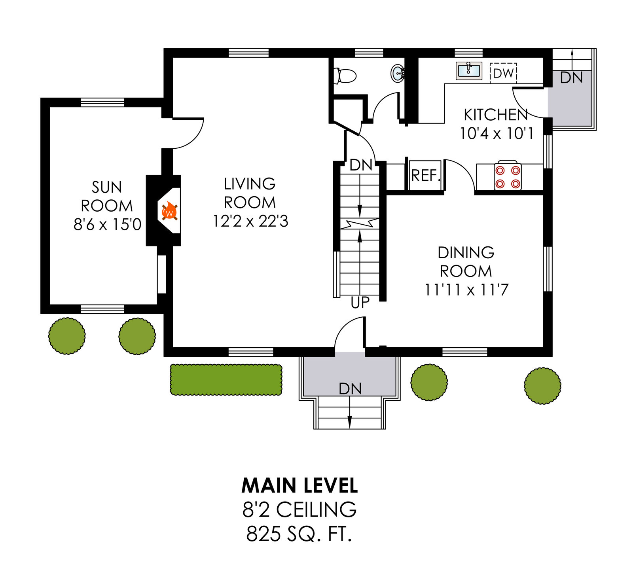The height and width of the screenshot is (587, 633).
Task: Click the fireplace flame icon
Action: [x=169, y=211]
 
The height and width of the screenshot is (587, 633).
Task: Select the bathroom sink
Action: [x=398, y=73]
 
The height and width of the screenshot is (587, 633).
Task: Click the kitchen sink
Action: [x=469, y=71]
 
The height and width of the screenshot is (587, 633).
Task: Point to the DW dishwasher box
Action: [x=503, y=73]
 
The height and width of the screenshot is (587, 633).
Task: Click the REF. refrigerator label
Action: [x=426, y=176]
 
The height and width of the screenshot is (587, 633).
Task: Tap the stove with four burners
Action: [x=508, y=177]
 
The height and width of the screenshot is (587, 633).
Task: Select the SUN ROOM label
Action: [x=107, y=196]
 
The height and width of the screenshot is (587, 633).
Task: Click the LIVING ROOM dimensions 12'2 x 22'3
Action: [x=250, y=221]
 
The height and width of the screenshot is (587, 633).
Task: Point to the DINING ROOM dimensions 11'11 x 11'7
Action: [x=466, y=290]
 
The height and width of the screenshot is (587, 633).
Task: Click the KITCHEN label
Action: [x=496, y=115]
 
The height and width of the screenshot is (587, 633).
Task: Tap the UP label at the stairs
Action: [x=360, y=303]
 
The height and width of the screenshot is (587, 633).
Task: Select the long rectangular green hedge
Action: [x=226, y=380]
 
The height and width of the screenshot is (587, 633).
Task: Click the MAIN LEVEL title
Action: [x=299, y=486]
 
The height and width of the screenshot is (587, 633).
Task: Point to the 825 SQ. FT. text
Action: [x=299, y=534]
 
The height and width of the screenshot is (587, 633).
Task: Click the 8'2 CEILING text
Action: [x=299, y=509]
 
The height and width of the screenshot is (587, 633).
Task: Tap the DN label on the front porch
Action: [x=350, y=389]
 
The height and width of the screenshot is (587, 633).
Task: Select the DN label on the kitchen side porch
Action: [x=571, y=78]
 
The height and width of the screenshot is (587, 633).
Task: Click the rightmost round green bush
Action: [x=542, y=386]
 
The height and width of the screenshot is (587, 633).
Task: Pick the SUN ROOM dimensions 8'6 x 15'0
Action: [x=107, y=224]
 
